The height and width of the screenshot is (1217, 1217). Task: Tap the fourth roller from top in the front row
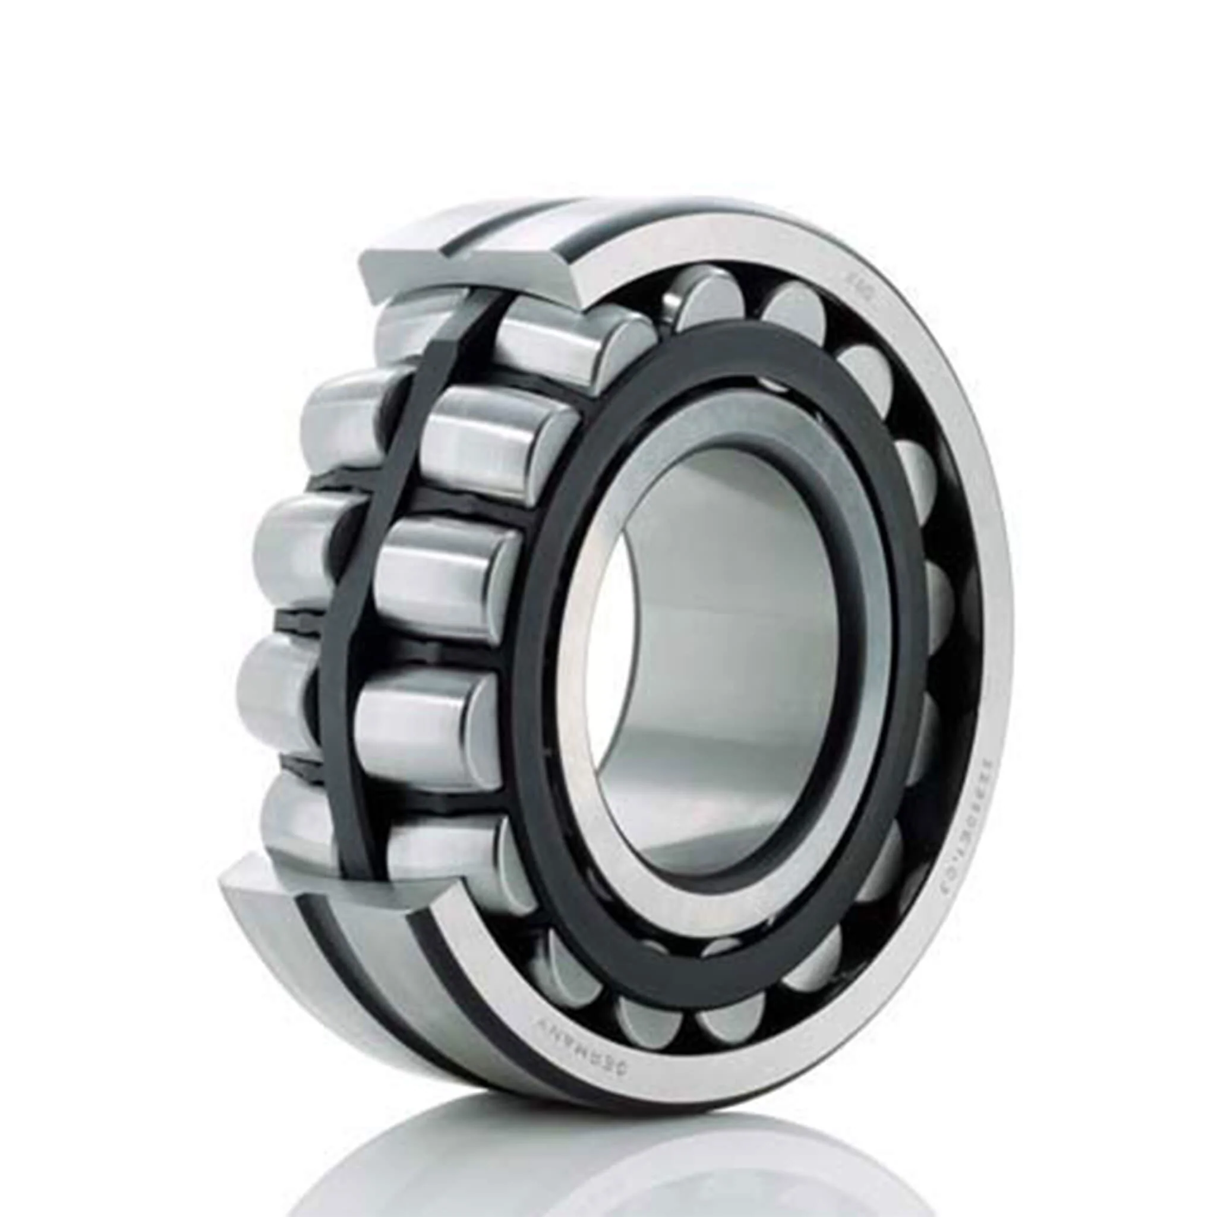point(428,712)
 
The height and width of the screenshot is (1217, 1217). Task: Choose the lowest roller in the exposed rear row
point(296,812)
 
